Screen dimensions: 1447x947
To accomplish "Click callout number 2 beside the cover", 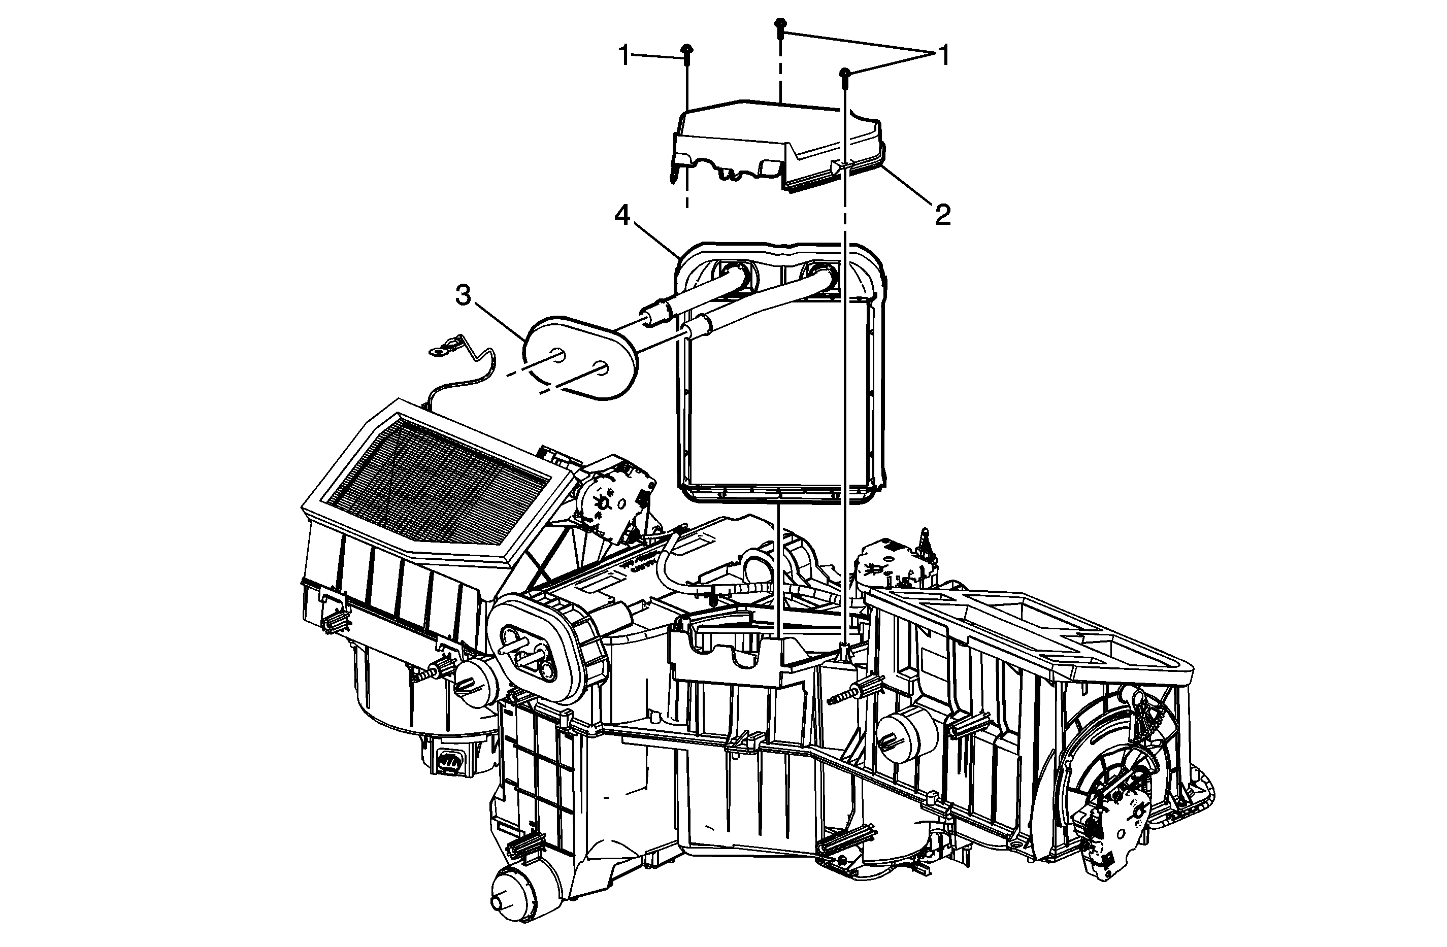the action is pyautogui.click(x=942, y=215).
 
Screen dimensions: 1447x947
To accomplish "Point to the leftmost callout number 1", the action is pyautogui.click(x=624, y=55).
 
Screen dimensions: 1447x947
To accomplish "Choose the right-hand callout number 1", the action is pyautogui.click(x=943, y=55).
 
